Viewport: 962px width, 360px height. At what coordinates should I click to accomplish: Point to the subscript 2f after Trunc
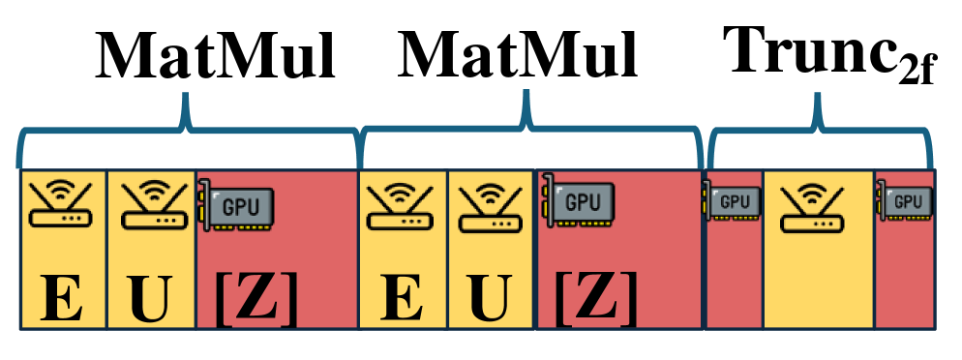tap(917, 73)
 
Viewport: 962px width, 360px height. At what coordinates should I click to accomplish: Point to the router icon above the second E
tap(402, 206)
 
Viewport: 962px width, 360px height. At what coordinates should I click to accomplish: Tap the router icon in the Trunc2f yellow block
tap(818, 204)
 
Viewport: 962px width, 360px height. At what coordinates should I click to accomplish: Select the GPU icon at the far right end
tap(906, 201)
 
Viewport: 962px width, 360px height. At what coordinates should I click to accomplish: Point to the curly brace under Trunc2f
tap(821, 131)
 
